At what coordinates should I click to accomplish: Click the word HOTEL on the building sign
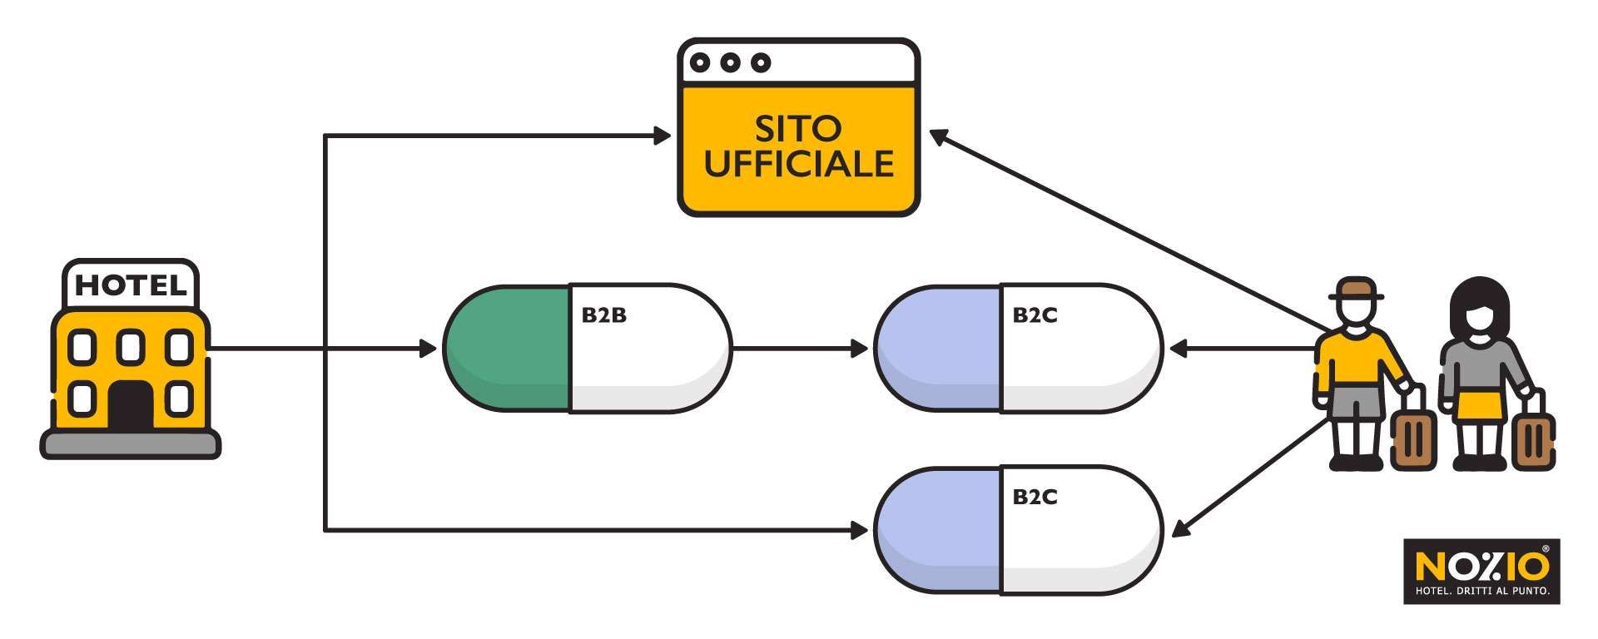point(131,286)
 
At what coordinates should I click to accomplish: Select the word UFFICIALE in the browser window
point(798,164)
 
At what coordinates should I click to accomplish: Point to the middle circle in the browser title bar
point(730,62)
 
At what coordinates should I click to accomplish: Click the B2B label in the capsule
point(603,315)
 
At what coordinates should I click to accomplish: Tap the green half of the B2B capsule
point(508,349)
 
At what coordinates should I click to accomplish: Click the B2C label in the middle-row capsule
point(1035,315)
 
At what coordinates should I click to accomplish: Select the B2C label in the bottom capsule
point(1035,497)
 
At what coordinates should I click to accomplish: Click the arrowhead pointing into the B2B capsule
point(428,349)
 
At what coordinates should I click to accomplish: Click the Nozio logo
point(1481,571)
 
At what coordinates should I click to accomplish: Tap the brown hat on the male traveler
point(1356,290)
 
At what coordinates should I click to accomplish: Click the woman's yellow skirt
point(1480,407)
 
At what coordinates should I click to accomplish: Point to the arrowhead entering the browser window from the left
point(663,136)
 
